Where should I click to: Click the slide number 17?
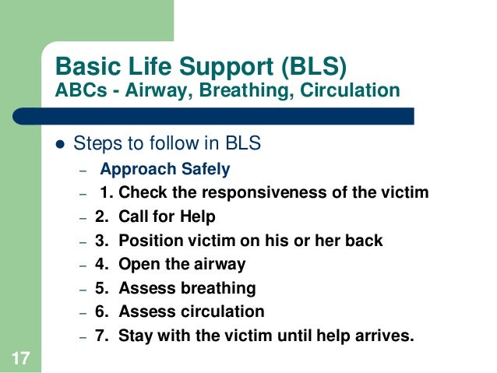coord(20,357)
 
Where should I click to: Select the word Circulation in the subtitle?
coord(349,90)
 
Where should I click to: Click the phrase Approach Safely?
coord(164,169)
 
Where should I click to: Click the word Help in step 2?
coord(198,216)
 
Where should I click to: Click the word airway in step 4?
coord(219,264)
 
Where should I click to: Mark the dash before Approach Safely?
coord(80,170)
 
